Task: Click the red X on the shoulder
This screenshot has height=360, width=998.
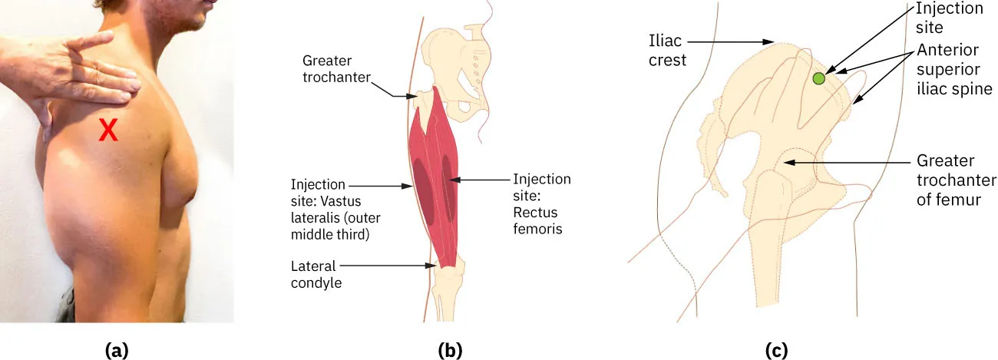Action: (x=109, y=131)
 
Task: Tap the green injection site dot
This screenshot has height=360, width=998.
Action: (x=819, y=78)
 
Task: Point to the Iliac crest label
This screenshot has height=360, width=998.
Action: (x=666, y=50)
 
